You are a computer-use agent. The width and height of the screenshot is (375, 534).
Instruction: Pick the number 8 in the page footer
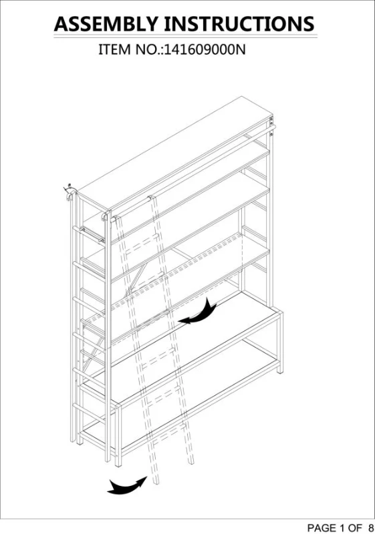pyautogui.click(x=370, y=527)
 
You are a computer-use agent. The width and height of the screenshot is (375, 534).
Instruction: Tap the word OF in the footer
pyautogui.click(x=354, y=527)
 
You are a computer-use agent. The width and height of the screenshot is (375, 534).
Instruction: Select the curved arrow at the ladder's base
pyautogui.click(x=127, y=485)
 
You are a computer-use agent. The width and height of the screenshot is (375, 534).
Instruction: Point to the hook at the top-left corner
pyautogui.click(x=70, y=192)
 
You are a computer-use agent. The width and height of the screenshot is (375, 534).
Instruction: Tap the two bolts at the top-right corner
pyautogui.click(x=271, y=129)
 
